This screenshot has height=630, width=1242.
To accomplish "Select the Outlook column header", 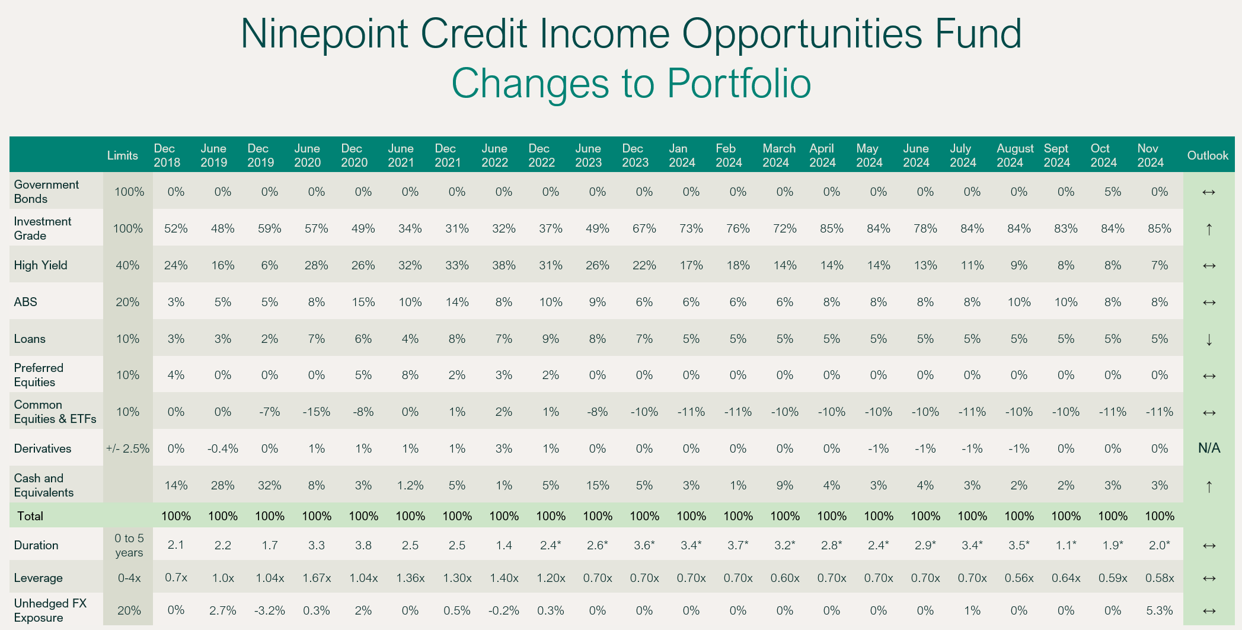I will coord(1208,155).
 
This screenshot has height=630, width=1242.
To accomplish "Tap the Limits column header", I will coord(123,155).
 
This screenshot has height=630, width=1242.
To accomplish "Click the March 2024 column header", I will coord(779,155).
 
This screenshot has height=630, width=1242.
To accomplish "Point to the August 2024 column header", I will coord(1014,155).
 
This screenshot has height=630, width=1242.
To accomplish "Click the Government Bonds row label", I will coord(46,192).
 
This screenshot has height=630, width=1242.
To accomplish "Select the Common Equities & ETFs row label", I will coord(55,412).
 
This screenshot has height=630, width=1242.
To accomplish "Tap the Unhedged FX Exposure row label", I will coord(50,610).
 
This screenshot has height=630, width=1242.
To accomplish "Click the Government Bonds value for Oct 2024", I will coord(1113,192).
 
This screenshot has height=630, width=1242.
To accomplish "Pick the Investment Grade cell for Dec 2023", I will coord(644,228).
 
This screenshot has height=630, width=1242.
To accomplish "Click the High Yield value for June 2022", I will coord(504,265).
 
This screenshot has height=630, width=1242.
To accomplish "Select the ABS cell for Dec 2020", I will coord(363,302).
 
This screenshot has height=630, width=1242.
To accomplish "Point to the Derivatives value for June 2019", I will coord(223,448).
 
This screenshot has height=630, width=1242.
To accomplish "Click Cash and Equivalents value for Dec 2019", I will coord(270,485).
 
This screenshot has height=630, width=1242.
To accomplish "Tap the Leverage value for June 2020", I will coord(317,578).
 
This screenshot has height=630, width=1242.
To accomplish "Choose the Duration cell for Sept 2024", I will coord(1066,545).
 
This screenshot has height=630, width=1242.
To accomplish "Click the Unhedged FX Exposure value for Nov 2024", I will coord(1160,610).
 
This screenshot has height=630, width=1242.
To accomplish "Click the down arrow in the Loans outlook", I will coord(1209,339).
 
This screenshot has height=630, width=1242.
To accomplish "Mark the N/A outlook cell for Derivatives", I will coord(1209,448).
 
